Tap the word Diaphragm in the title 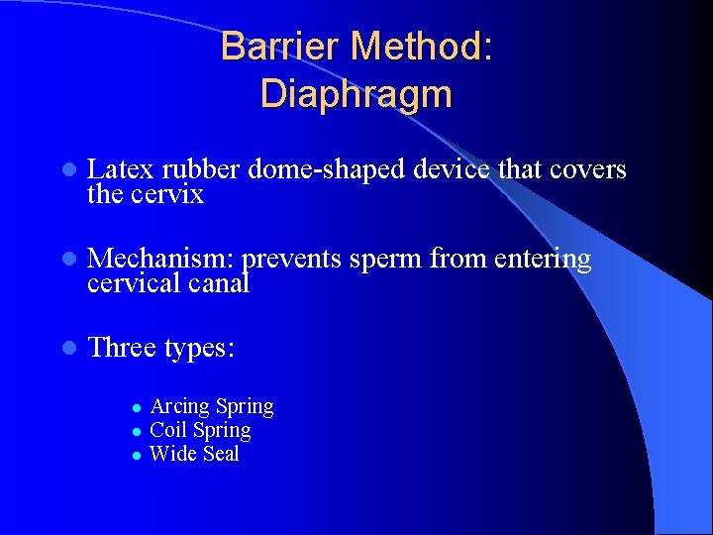(356, 94)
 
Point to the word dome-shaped (326, 170)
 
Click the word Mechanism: (161, 260)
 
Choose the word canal (217, 284)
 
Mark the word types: (199, 349)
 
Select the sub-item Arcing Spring (211, 406)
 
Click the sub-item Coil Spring (200, 430)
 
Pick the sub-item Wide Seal (194, 454)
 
